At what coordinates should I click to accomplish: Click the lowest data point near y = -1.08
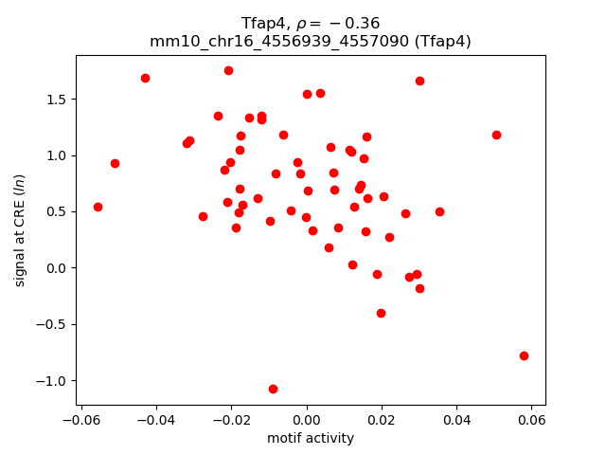[273, 389]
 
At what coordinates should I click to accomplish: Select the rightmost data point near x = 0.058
[524, 355]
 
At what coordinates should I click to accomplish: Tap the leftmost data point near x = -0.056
[98, 207]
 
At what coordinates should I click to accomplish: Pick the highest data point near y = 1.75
[228, 70]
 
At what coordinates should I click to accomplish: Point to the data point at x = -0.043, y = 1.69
[145, 78]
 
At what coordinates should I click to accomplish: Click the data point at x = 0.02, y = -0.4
[381, 313]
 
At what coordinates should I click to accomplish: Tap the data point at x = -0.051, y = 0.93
[115, 163]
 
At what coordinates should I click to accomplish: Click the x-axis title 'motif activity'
[311, 438]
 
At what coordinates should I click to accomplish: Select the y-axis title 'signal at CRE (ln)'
[20, 230]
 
